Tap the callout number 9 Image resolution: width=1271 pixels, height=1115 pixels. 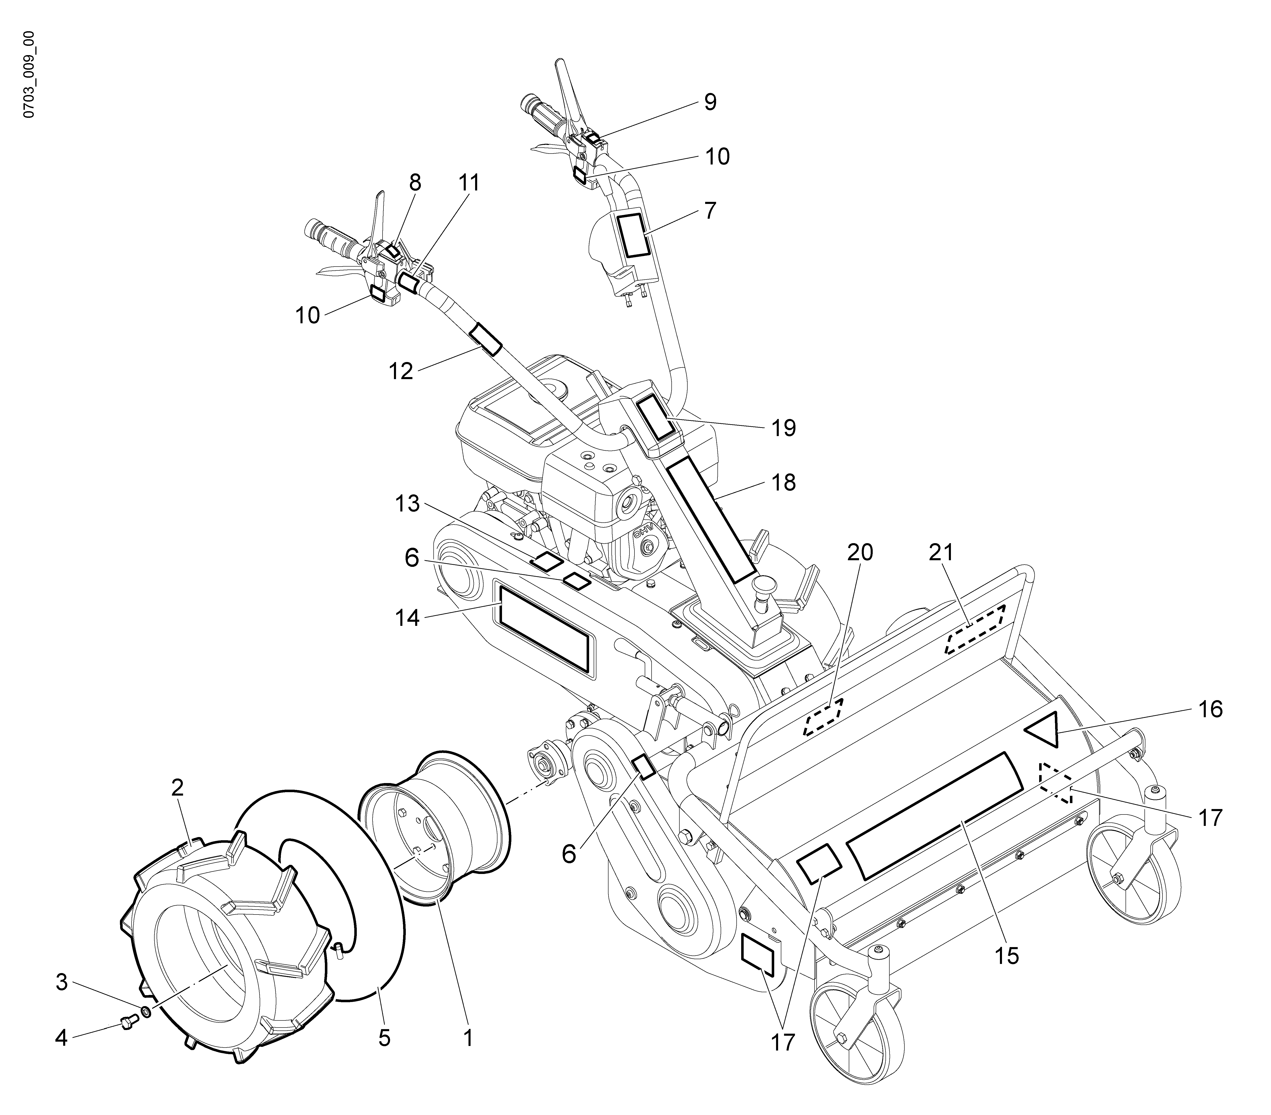(x=710, y=102)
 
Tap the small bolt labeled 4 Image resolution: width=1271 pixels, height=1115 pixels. (x=126, y=1023)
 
